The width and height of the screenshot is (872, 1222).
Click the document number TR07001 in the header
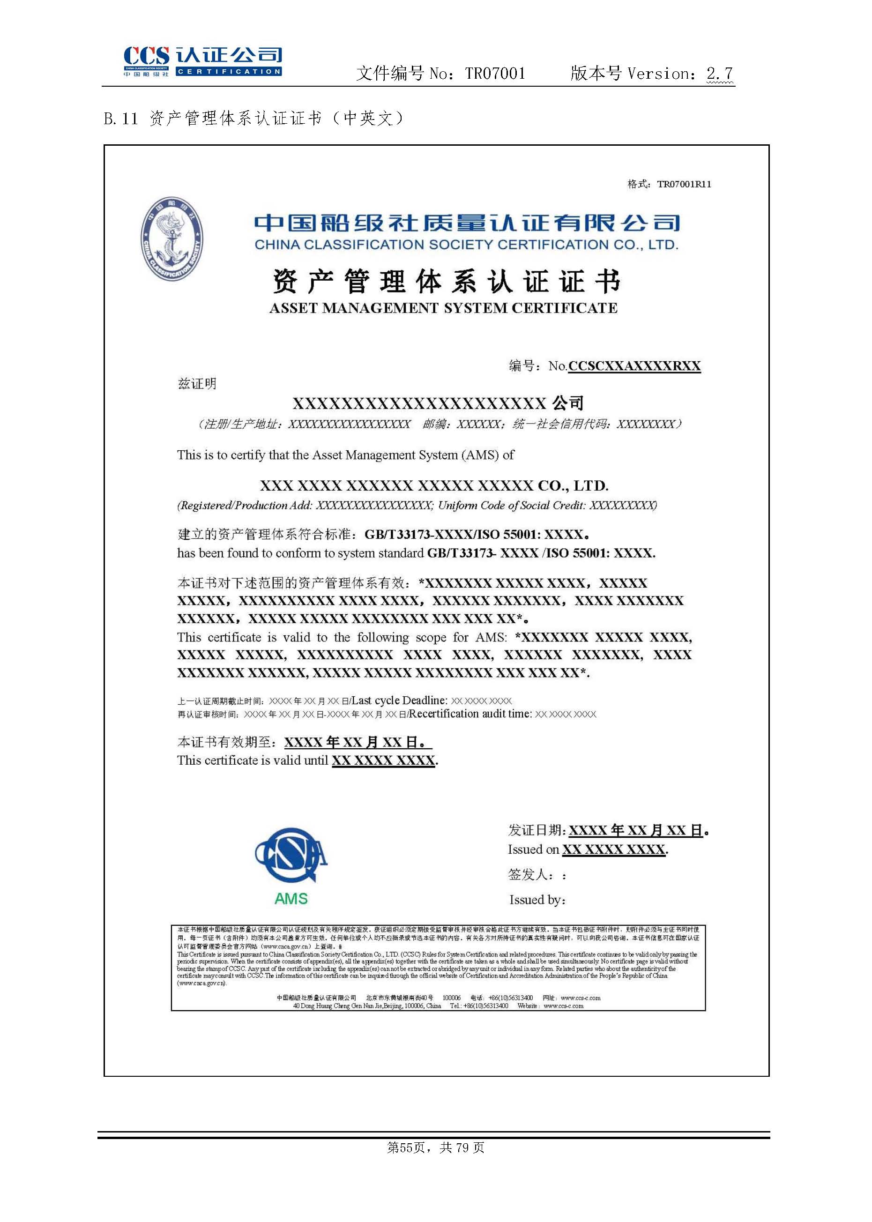(494, 74)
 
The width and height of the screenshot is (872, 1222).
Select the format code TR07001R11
(684, 184)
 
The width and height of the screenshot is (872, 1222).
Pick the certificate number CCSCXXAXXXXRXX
(634, 366)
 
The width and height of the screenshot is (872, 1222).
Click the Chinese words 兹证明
(197, 383)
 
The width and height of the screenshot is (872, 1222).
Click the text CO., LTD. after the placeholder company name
(573, 486)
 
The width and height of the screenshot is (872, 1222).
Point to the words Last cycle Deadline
(398, 700)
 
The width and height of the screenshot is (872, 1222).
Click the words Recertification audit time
(470, 714)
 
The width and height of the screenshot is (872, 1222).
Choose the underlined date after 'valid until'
(383, 761)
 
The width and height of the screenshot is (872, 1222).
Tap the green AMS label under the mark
(291, 898)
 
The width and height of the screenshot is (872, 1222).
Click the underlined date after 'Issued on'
(614, 850)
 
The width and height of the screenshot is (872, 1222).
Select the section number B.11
(121, 119)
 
